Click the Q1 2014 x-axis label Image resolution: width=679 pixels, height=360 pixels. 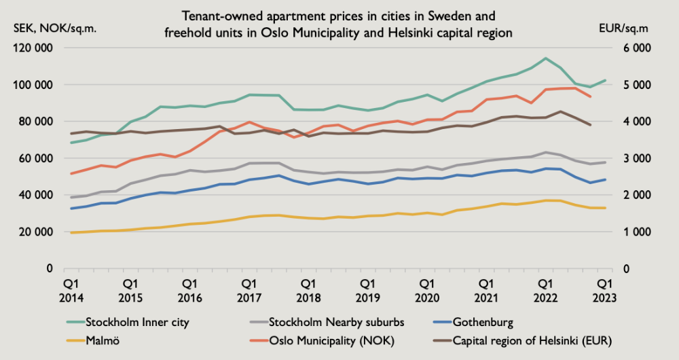pyautogui.click(x=71, y=288)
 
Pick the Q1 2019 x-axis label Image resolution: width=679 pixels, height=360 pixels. pyautogui.click(x=367, y=288)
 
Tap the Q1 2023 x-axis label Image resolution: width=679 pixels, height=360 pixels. pyautogui.click(x=604, y=288)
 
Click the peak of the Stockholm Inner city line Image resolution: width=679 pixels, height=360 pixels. pyautogui.click(x=545, y=58)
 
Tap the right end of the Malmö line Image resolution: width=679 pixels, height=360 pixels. pyautogui.click(x=605, y=208)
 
